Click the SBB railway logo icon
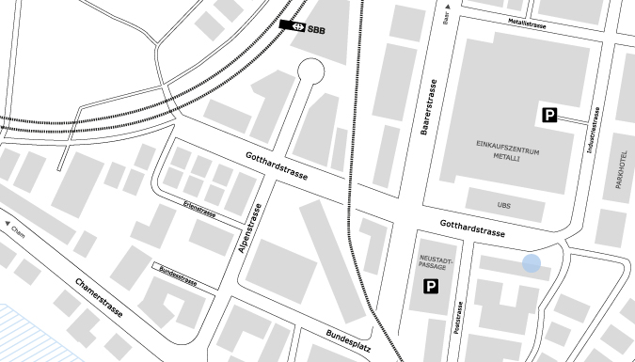point(292,26)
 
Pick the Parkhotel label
point(620,169)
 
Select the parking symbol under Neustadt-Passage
point(430,287)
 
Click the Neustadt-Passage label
point(431,262)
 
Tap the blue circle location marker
point(532,264)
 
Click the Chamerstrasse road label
point(98,297)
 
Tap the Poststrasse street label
point(459,319)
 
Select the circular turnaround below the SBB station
point(310,71)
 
